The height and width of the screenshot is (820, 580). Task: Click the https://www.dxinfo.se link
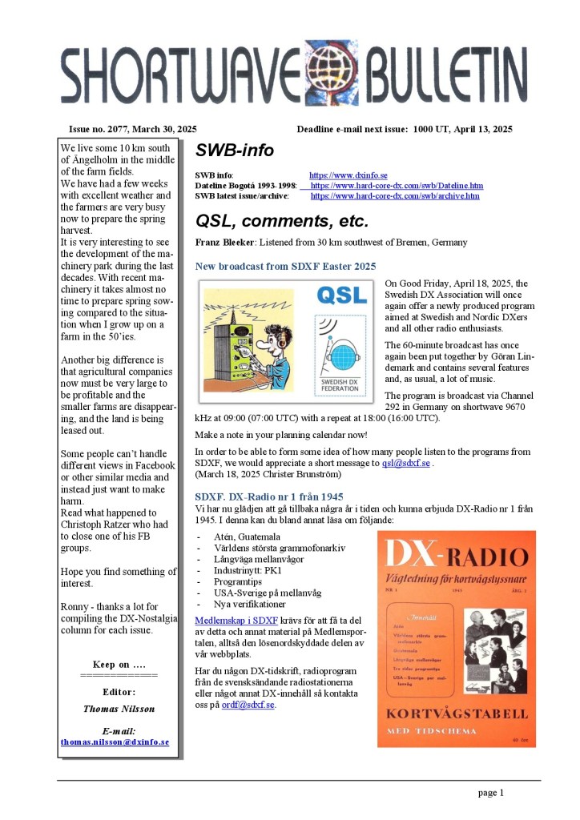pos(348,175)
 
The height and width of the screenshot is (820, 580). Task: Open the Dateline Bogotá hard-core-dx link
pos(397,185)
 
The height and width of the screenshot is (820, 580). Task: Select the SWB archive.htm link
pos(395,195)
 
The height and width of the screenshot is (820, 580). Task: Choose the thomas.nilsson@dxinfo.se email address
pos(115,742)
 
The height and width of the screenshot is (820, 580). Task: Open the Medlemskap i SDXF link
pos(236,620)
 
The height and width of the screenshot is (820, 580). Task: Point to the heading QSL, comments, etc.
pos(282,220)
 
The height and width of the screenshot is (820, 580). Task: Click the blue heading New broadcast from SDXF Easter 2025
pos(286,266)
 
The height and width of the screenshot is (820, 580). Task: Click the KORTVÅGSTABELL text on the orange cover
pos(457,713)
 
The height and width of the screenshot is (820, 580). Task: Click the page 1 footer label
pos(491,793)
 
